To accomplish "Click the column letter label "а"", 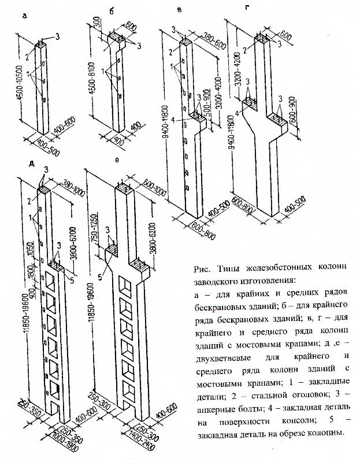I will click(x=25, y=17).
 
